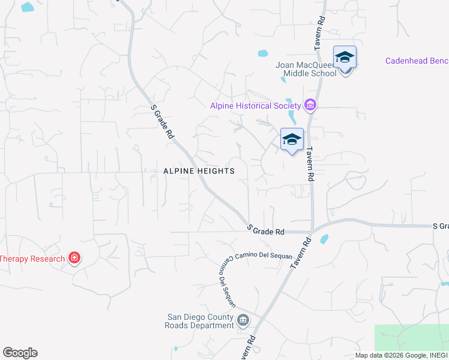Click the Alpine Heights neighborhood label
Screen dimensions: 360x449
199,171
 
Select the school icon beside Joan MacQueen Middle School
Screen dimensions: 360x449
345,58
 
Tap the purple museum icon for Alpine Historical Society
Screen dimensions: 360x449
310,106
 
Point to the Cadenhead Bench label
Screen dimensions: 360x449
417,61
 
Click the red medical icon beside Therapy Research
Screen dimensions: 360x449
74,259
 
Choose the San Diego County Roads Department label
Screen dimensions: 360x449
200,321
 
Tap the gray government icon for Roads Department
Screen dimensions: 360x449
243,319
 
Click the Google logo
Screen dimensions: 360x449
20,353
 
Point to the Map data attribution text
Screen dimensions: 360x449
402,355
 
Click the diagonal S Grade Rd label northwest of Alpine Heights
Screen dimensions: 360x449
162,122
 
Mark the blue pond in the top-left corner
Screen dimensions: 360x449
27,7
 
